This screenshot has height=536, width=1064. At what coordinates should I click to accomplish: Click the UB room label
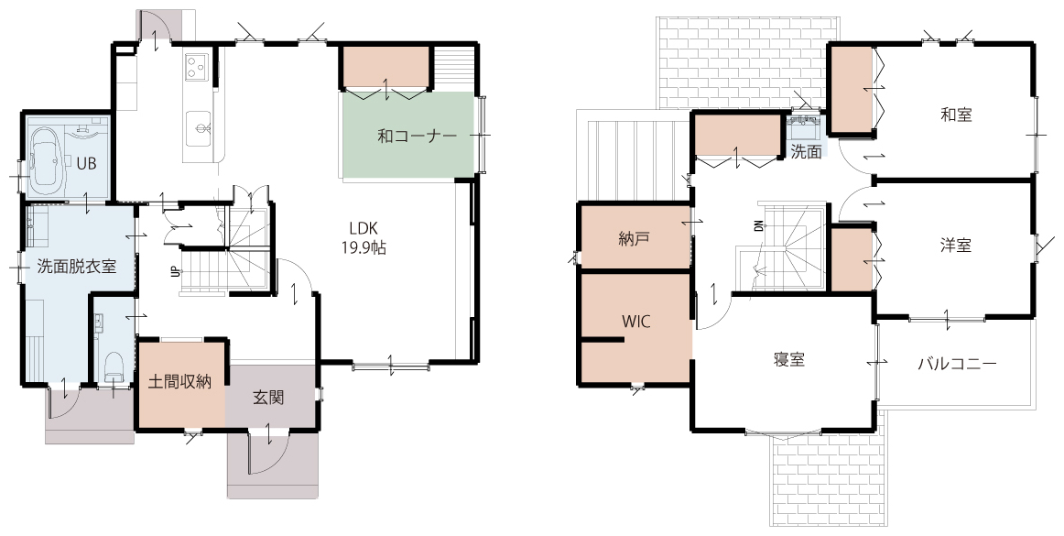point(86,163)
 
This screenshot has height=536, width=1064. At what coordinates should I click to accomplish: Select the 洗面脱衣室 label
point(77,267)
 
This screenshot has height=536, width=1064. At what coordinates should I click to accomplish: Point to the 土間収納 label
point(179,382)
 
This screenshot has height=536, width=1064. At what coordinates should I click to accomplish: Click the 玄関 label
point(268,398)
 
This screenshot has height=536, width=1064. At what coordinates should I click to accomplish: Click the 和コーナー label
point(417,136)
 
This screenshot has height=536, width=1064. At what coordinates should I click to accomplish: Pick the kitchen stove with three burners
point(197,67)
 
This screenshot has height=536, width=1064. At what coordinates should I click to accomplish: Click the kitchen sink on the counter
point(201,127)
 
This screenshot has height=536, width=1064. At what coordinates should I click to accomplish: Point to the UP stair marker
point(175,272)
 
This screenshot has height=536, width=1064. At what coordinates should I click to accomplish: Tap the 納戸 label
point(635,239)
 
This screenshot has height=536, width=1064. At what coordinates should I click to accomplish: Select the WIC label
point(635,322)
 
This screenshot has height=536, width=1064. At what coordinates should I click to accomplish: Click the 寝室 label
point(789,360)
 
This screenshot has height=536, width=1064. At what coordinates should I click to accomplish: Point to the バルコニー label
point(958,364)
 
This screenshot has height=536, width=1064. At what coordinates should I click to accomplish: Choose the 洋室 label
point(956,246)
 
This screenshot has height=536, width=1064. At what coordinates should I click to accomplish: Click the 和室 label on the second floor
point(956,115)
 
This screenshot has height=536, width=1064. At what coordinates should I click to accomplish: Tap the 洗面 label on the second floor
point(806,151)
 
